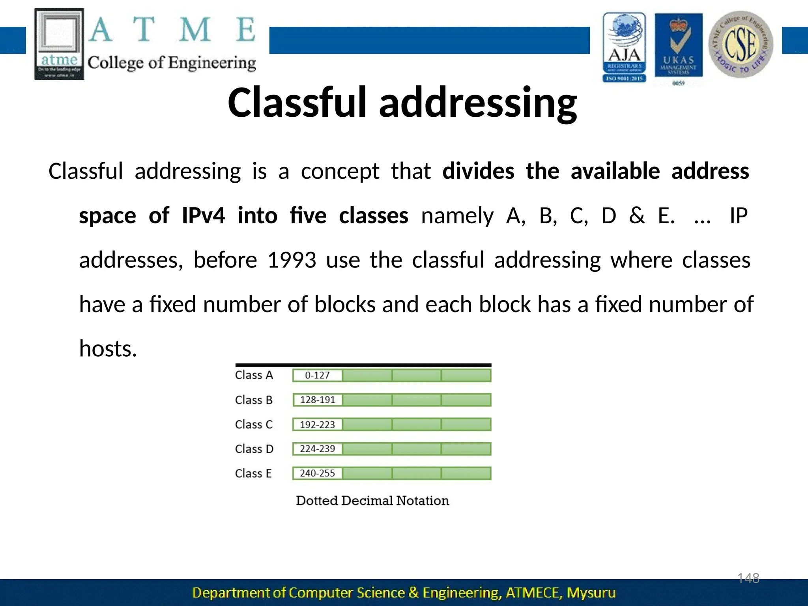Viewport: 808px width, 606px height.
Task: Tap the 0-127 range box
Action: (x=317, y=375)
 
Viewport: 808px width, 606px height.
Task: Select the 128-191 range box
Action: (x=317, y=400)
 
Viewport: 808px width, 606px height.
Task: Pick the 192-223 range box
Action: (x=317, y=425)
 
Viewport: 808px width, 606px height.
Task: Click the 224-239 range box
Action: (x=317, y=449)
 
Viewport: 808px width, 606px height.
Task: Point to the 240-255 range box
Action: (x=317, y=473)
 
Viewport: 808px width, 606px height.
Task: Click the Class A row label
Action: (x=254, y=375)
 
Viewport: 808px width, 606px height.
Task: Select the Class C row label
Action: (x=254, y=425)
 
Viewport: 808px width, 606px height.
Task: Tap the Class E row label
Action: (x=253, y=473)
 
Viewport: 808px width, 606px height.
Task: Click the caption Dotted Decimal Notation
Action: (x=372, y=501)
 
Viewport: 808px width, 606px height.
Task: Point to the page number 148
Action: (x=748, y=578)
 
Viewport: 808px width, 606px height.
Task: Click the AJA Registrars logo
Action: (x=624, y=47)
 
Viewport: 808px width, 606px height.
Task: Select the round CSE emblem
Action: (x=741, y=44)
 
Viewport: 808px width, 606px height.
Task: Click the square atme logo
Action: (x=59, y=44)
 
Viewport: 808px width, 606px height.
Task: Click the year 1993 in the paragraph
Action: (x=292, y=260)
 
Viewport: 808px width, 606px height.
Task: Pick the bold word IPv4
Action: (x=203, y=216)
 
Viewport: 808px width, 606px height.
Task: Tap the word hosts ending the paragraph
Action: (x=108, y=349)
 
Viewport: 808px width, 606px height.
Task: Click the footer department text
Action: (x=404, y=593)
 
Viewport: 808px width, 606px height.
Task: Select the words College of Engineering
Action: (x=172, y=63)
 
